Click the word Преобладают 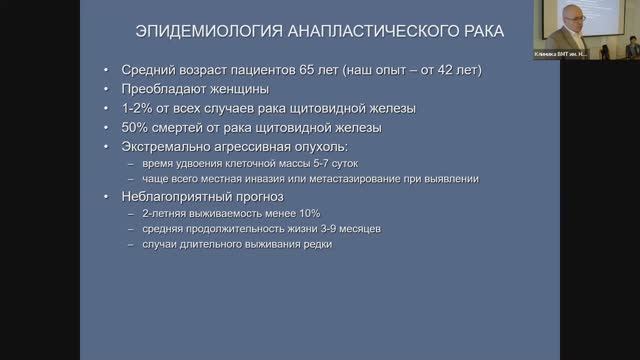164,89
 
